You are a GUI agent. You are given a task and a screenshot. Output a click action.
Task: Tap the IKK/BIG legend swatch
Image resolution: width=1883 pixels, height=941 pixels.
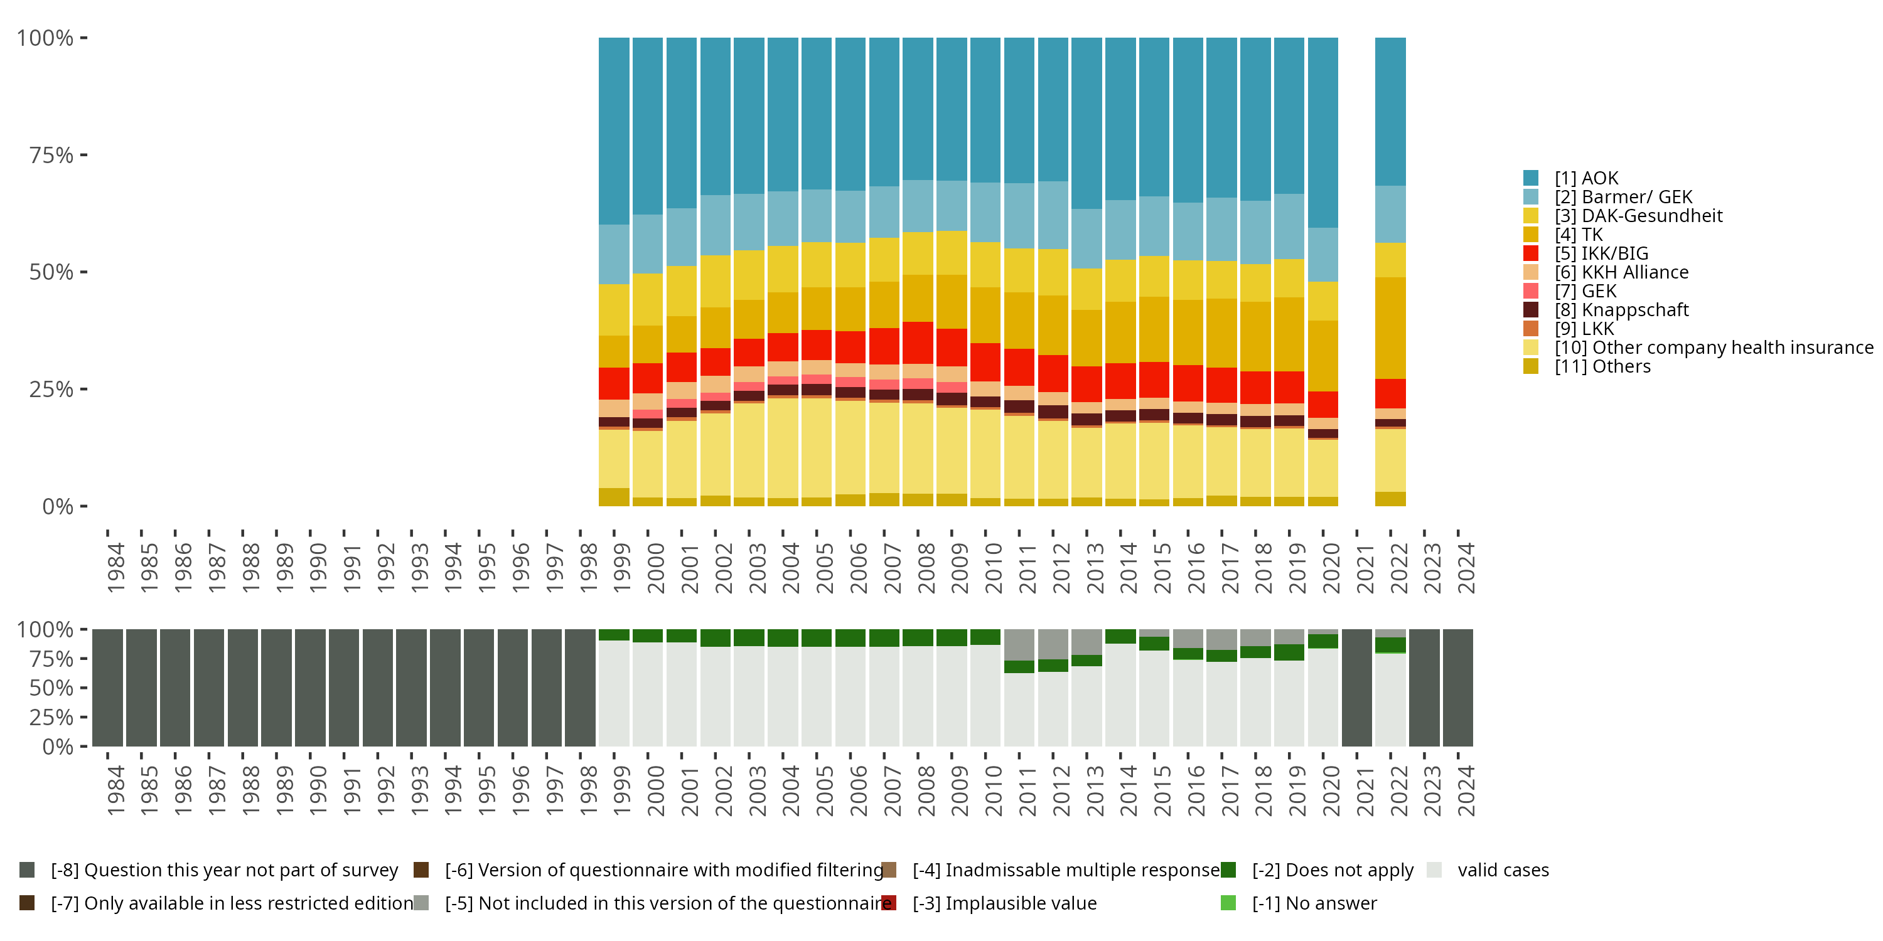click(1531, 253)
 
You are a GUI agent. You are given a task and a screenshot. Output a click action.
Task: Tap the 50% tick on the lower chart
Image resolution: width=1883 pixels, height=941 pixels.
click(51, 688)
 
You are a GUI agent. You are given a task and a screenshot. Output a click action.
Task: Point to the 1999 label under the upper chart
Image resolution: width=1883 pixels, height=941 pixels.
click(622, 568)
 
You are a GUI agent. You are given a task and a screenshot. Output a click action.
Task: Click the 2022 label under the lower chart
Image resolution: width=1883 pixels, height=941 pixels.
click(1398, 790)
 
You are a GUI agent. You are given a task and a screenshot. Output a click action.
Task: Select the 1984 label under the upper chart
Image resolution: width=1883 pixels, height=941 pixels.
click(115, 568)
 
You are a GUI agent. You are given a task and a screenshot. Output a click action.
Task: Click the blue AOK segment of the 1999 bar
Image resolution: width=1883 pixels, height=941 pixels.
click(614, 132)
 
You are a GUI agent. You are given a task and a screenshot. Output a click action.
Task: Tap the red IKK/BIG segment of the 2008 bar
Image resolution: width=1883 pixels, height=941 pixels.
click(918, 343)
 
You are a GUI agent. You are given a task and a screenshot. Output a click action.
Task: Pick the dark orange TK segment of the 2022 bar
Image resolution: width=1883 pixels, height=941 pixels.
click(1390, 328)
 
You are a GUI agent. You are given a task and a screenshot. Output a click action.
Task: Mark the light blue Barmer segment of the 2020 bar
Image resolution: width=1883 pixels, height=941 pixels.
click(1323, 254)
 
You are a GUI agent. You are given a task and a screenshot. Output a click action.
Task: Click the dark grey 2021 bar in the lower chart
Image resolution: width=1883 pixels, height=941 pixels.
click(1356, 688)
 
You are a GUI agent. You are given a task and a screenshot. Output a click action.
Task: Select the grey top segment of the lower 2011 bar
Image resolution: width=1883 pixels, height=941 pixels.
click(1019, 644)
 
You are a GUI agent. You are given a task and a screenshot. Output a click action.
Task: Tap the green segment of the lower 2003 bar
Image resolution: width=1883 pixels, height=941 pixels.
click(749, 637)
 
